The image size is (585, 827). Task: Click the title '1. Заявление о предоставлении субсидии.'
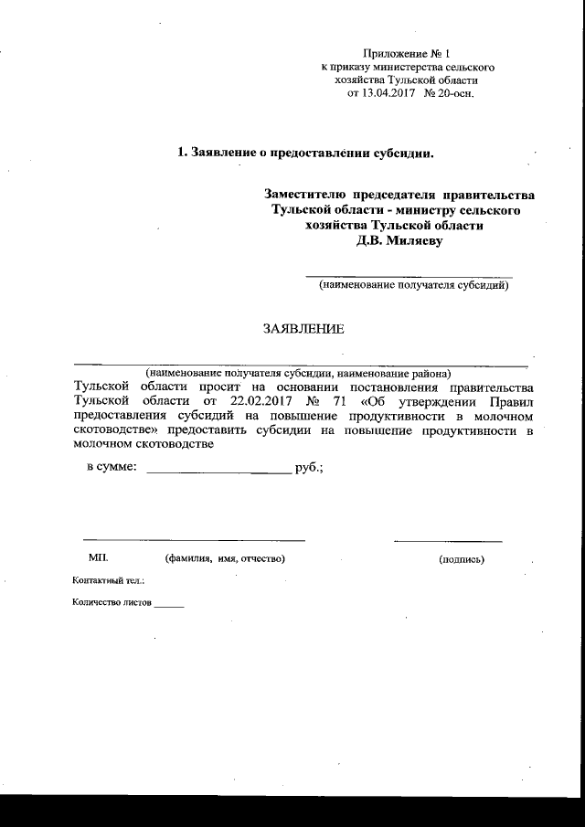point(304,153)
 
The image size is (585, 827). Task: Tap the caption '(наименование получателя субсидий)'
point(413,286)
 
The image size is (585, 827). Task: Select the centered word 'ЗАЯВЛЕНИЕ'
point(304,328)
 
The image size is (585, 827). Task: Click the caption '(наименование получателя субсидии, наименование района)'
point(298,374)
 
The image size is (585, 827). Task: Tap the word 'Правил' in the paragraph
point(508,400)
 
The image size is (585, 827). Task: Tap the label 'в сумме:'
point(112,467)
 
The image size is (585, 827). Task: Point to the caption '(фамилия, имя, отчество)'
point(225,558)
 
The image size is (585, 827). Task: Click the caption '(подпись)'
point(462,558)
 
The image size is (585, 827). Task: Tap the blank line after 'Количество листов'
point(169,605)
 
